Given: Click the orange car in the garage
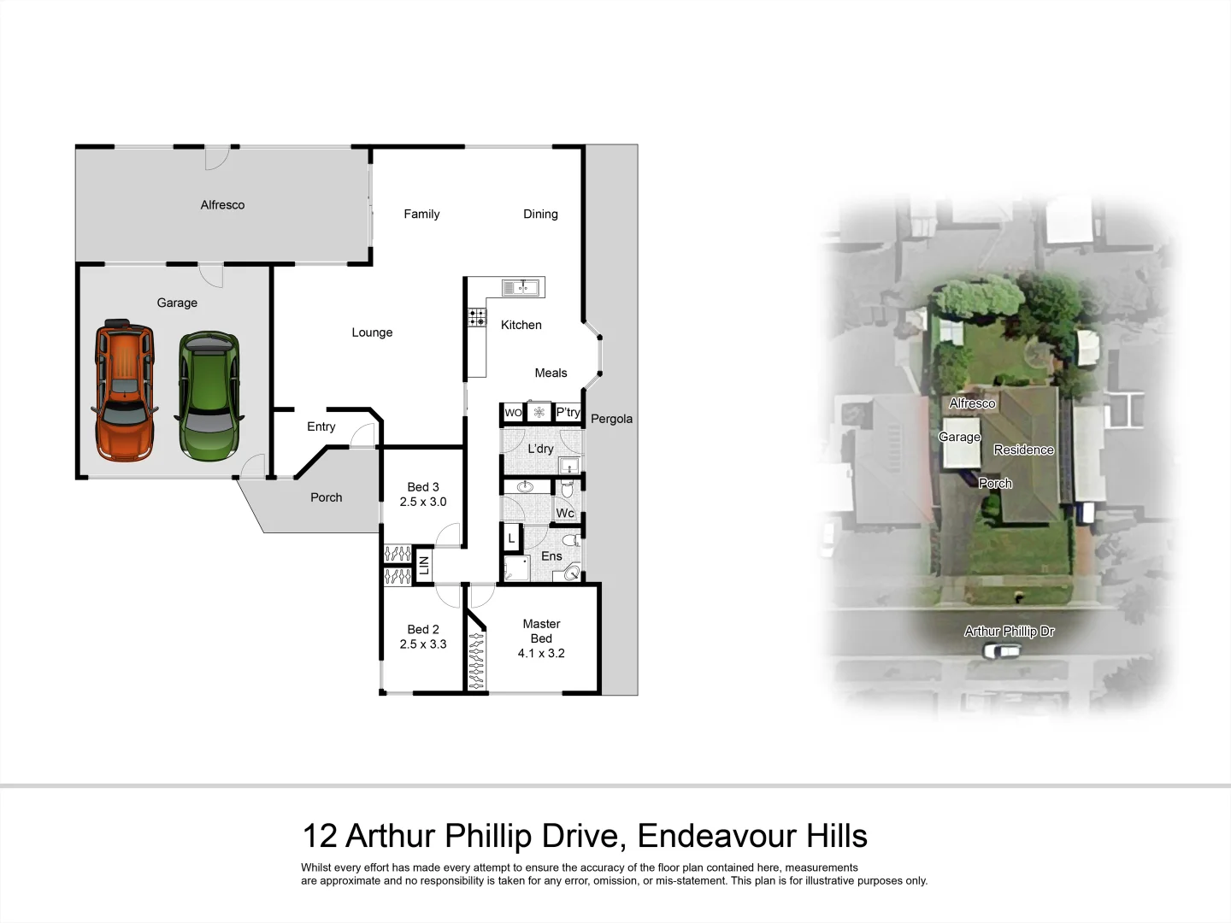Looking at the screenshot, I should [x=124, y=391].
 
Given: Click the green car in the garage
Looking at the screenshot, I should [x=208, y=396].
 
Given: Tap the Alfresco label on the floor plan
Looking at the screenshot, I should [x=222, y=205].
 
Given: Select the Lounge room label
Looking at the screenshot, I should [x=372, y=332].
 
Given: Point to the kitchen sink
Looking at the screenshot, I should [x=521, y=288].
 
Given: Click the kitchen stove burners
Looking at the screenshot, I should [x=477, y=318].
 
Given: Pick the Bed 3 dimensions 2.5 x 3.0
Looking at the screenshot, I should [x=423, y=502].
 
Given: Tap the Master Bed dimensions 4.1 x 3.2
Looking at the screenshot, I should [x=541, y=653].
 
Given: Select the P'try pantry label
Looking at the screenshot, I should [x=568, y=412].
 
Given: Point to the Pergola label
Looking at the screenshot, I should [x=611, y=419].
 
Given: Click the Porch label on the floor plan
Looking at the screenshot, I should [x=326, y=497].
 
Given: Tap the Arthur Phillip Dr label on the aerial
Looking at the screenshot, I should [x=1009, y=632].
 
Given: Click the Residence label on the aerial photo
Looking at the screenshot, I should [x=1023, y=450].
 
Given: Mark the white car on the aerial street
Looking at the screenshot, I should [x=1002, y=651].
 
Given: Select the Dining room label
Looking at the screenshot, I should [x=540, y=215].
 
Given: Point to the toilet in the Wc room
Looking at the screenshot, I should [x=567, y=489].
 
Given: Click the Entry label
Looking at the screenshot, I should [x=321, y=426].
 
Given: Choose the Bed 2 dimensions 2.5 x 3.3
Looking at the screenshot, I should [x=423, y=644].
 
